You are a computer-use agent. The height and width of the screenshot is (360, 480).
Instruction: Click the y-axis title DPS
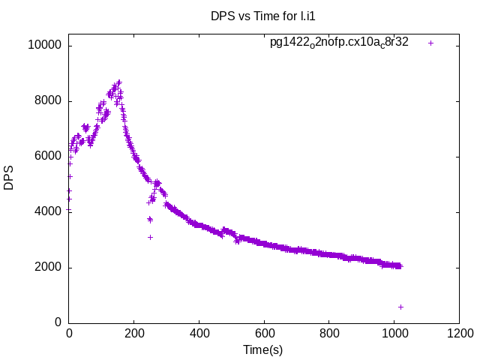point(9,178)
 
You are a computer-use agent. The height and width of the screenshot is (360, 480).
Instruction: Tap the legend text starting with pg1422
point(339,42)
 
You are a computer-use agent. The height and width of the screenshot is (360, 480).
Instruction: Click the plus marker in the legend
point(430,43)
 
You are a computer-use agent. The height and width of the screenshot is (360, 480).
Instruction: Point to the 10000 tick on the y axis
point(43,46)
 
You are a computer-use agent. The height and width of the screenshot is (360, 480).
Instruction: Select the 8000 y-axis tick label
point(46,101)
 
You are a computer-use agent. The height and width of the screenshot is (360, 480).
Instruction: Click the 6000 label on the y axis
point(46,157)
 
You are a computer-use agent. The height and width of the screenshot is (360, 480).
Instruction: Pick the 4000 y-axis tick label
point(46,211)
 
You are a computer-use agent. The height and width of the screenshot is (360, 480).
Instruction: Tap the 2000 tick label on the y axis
point(46,267)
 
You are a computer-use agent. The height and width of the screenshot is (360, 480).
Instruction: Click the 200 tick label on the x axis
point(133,334)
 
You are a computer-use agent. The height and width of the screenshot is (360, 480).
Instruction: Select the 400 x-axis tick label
point(199,334)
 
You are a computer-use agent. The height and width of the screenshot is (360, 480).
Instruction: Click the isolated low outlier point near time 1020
point(400,307)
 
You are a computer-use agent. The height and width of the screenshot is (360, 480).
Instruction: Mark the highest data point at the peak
point(118,82)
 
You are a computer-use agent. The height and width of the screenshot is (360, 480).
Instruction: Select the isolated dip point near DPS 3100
point(150,237)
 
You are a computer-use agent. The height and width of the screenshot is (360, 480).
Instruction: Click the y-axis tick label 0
point(58,322)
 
